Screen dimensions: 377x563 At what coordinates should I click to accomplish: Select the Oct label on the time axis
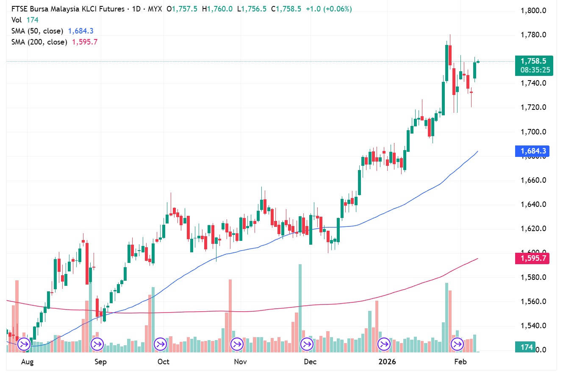[x=163, y=362]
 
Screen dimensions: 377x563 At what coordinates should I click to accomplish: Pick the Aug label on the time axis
[x=27, y=362]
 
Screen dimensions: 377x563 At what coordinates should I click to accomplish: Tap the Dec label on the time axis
[x=310, y=362]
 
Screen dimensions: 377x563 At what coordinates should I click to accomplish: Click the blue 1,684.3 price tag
[x=532, y=151]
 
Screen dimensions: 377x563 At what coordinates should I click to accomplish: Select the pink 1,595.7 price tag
[x=532, y=258]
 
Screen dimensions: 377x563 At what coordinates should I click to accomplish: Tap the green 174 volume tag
[x=527, y=347]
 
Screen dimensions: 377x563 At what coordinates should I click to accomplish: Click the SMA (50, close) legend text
[x=37, y=31]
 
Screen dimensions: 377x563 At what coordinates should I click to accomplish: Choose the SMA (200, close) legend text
[x=39, y=42]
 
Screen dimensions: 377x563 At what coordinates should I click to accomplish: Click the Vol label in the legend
[x=17, y=20]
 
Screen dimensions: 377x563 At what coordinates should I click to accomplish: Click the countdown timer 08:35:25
[x=535, y=70]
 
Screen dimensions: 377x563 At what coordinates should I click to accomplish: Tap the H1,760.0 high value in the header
[x=217, y=9]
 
